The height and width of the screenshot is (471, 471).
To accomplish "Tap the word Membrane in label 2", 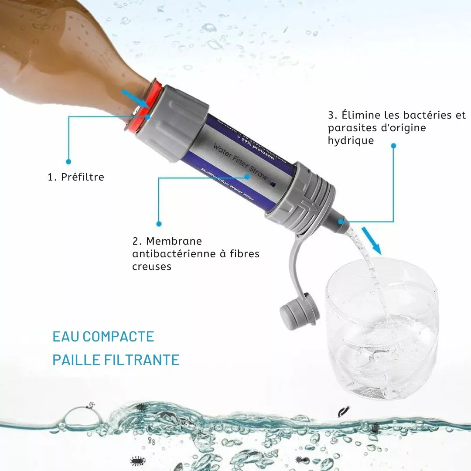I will click(x=174, y=241).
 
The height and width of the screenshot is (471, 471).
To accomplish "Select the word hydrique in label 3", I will click(x=351, y=140).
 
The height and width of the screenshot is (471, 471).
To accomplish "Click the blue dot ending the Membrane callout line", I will click(x=159, y=224).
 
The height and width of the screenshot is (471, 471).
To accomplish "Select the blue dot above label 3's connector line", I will click(x=393, y=146).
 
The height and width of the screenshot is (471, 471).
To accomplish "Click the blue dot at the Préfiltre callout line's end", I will click(x=68, y=160).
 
